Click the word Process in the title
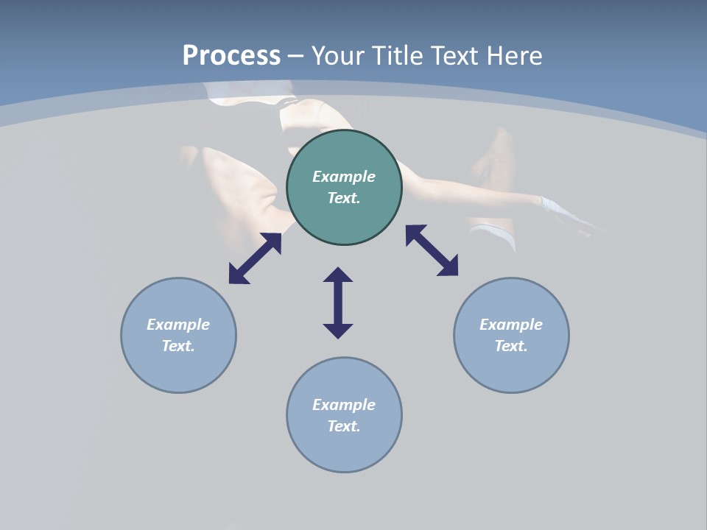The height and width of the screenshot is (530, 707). point(231,56)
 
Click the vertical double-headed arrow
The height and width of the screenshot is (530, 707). point(338,303)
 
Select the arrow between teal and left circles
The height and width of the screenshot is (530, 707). point(255,258)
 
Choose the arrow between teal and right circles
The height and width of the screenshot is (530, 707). point(432,250)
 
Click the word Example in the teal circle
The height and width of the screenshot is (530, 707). point(344,177)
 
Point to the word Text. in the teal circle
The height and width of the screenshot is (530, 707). point(344,198)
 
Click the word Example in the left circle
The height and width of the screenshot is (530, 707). point(178,325)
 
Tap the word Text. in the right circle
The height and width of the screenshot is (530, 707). point(511,346)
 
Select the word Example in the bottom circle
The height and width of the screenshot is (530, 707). point(344,405)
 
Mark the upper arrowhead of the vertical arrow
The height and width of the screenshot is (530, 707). point(338,275)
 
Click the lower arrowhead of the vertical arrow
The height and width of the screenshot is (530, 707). point(338,331)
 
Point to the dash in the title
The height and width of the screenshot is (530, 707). point(295,57)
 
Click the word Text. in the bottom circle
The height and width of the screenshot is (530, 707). point(344,426)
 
